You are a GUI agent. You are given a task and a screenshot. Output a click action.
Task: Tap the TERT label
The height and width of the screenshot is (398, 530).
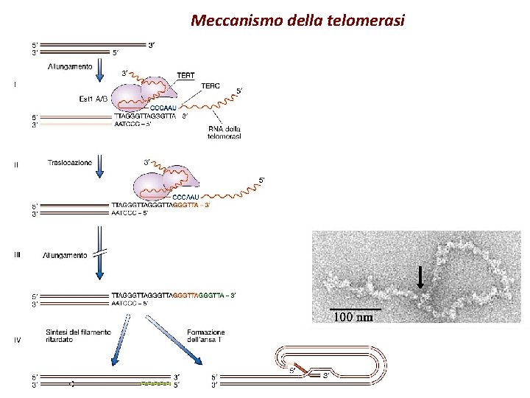click(x=186, y=74)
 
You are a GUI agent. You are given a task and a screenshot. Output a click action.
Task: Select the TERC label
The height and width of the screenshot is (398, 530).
click(x=211, y=85)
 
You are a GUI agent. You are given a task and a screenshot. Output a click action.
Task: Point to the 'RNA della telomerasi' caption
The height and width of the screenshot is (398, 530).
click(x=225, y=131)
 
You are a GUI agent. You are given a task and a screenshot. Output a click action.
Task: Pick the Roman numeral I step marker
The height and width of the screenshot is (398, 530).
click(x=15, y=85)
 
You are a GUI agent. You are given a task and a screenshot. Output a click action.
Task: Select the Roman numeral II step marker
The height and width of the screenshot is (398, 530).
click(x=16, y=165)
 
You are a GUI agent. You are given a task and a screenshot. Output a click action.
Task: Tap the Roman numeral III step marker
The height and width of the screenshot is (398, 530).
click(x=17, y=255)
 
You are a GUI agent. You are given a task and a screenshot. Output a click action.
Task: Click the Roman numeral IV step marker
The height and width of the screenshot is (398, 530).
click(x=17, y=340)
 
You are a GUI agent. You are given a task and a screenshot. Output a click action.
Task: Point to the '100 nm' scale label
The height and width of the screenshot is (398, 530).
click(x=354, y=318)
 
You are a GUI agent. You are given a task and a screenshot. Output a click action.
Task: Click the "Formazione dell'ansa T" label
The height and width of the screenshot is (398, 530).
click(x=206, y=337)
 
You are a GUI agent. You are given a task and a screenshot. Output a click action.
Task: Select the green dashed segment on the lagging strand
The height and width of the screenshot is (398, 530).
click(x=156, y=384)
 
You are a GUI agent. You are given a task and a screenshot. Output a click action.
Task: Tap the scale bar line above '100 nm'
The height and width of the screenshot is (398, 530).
click(x=356, y=307)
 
